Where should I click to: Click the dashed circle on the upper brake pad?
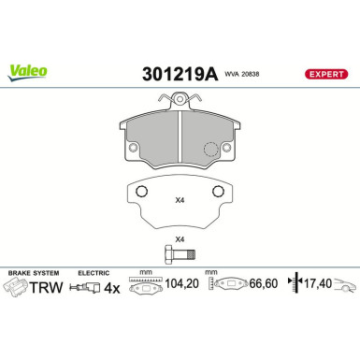tap(212, 148)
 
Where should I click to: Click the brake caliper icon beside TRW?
tap(18, 287)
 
